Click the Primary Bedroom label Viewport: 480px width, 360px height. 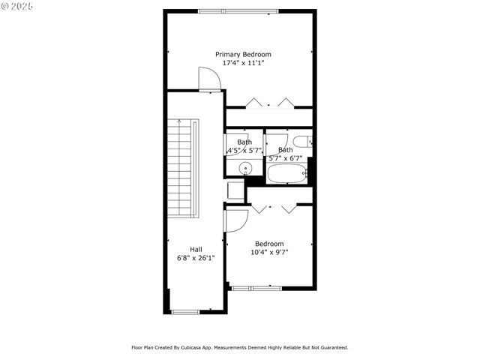click(x=243, y=54)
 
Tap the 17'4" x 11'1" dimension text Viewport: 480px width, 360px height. click(x=243, y=63)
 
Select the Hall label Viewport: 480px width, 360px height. click(x=196, y=249)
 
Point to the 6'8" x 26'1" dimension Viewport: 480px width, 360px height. click(x=196, y=258)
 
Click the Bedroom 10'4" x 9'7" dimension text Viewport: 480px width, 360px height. click(x=269, y=253)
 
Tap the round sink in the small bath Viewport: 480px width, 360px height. click(x=244, y=168)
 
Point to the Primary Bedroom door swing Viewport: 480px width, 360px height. click(x=208, y=79)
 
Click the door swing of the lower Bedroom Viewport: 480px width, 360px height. click(x=236, y=220)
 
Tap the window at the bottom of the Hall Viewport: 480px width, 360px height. click(x=186, y=312)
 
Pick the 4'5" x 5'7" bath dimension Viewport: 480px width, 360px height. click(x=244, y=151)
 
